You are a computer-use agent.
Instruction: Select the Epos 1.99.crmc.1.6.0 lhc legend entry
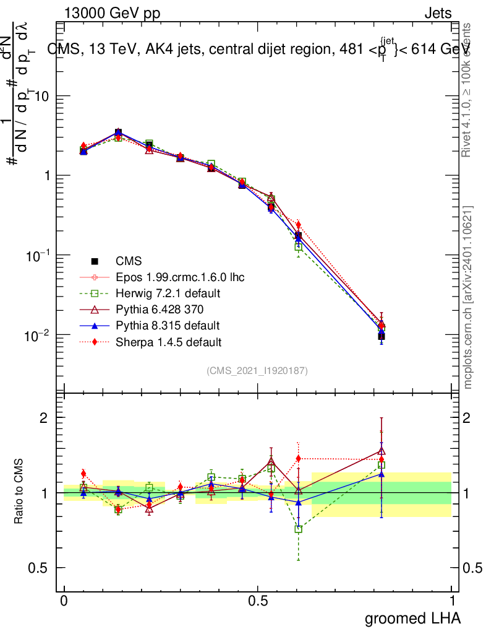pos(179,277)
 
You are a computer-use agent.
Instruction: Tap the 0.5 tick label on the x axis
pos(258,601)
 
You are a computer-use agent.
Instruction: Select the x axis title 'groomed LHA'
pos(412,618)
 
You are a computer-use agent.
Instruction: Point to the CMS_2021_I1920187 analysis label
pos(257,370)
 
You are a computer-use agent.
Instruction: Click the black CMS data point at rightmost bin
pos(382,337)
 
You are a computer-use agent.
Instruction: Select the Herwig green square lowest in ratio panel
pos(299,529)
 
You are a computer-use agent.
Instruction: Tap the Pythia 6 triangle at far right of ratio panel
pos(382,451)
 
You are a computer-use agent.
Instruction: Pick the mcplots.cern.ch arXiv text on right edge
pos(469,297)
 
